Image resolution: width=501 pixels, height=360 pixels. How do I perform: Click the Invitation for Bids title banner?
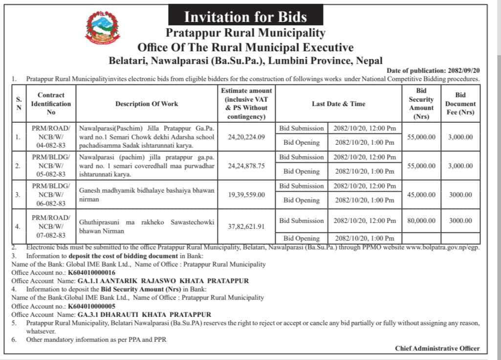tap(245, 17)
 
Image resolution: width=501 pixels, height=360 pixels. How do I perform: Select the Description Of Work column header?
tap(147, 104)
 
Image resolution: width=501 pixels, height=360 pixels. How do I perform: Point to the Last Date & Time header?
tap(338, 104)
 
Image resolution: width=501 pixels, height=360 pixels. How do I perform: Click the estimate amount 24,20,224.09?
tap(246, 137)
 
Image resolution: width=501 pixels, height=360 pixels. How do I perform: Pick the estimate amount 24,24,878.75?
tap(246, 166)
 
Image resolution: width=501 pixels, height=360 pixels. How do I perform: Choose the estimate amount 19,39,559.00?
tap(246, 194)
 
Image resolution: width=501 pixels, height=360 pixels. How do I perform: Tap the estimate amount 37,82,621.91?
tap(246, 226)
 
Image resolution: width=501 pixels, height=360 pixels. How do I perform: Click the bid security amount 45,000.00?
tap(421, 195)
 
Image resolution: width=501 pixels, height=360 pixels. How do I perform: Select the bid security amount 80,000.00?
tap(421, 221)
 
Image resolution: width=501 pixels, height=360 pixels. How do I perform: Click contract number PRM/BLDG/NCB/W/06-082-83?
tap(51, 194)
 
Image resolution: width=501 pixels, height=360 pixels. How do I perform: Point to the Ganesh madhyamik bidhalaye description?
tap(147, 195)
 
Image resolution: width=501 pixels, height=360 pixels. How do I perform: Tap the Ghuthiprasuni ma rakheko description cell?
tap(147, 226)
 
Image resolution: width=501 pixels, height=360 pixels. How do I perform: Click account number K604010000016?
tap(92, 272)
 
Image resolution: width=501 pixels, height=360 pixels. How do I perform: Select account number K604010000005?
tap(92, 306)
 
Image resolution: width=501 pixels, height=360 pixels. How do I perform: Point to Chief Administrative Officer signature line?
tap(437, 348)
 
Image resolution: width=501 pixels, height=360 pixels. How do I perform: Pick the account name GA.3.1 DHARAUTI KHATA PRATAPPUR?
tap(144, 315)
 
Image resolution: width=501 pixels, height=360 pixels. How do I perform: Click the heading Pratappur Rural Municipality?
tap(245, 33)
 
